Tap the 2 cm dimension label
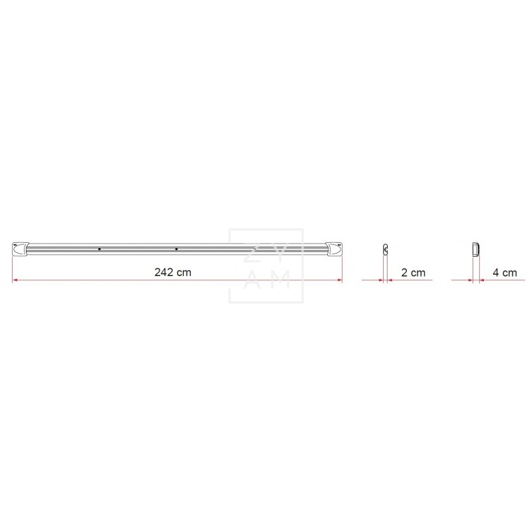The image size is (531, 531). point(413,273)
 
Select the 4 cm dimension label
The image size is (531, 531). point(504,273)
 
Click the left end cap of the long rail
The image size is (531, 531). point(21,249)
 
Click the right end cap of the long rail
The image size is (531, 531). point(334,249)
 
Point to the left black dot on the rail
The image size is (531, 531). point(99,250)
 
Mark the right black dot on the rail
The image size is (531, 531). point(176,250)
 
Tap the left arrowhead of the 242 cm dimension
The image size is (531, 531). point(15,280)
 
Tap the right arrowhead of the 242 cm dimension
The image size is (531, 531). point(340,280)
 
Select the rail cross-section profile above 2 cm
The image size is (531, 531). point(386,249)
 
